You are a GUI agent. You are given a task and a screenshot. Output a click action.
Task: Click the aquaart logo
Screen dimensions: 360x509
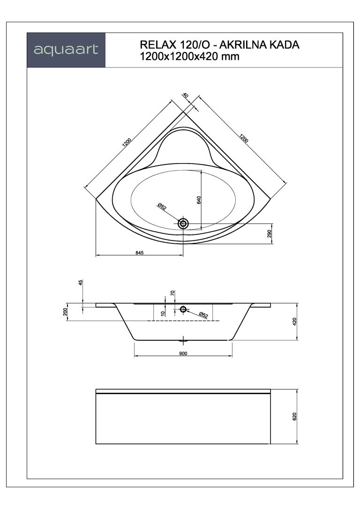click(x=66, y=50)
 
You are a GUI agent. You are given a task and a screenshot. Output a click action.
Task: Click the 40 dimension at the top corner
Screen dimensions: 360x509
click(x=186, y=96)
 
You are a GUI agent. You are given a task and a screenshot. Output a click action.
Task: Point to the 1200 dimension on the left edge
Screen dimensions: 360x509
click(x=127, y=143)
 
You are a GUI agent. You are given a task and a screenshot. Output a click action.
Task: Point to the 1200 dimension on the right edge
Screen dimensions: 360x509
click(x=244, y=139)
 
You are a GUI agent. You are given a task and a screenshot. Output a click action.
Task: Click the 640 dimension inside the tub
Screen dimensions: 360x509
click(x=199, y=200)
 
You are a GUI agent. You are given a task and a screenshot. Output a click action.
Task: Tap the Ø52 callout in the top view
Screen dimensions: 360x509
click(x=162, y=206)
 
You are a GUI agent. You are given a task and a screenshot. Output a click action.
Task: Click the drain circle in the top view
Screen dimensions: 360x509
click(x=183, y=223)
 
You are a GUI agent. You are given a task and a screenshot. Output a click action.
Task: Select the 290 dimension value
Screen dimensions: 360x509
click(x=269, y=234)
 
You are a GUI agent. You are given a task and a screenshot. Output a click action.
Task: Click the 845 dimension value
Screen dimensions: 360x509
click(x=139, y=253)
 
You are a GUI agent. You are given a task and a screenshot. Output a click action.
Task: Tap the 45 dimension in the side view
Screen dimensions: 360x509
click(x=81, y=283)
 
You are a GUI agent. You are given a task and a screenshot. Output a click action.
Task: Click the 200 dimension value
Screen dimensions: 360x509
click(x=65, y=312)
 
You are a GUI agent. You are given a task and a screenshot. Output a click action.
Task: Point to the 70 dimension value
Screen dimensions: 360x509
click(x=172, y=292)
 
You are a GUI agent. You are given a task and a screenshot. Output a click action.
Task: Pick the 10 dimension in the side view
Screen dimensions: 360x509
click(x=163, y=313)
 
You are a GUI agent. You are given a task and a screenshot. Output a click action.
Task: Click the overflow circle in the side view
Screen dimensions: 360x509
click(x=183, y=309)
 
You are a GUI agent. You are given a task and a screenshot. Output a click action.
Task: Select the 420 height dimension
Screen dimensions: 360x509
click(x=294, y=322)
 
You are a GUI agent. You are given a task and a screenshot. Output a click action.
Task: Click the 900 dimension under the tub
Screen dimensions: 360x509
click(x=183, y=353)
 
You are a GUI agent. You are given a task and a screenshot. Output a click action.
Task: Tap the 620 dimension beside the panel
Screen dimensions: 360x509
click(x=294, y=417)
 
